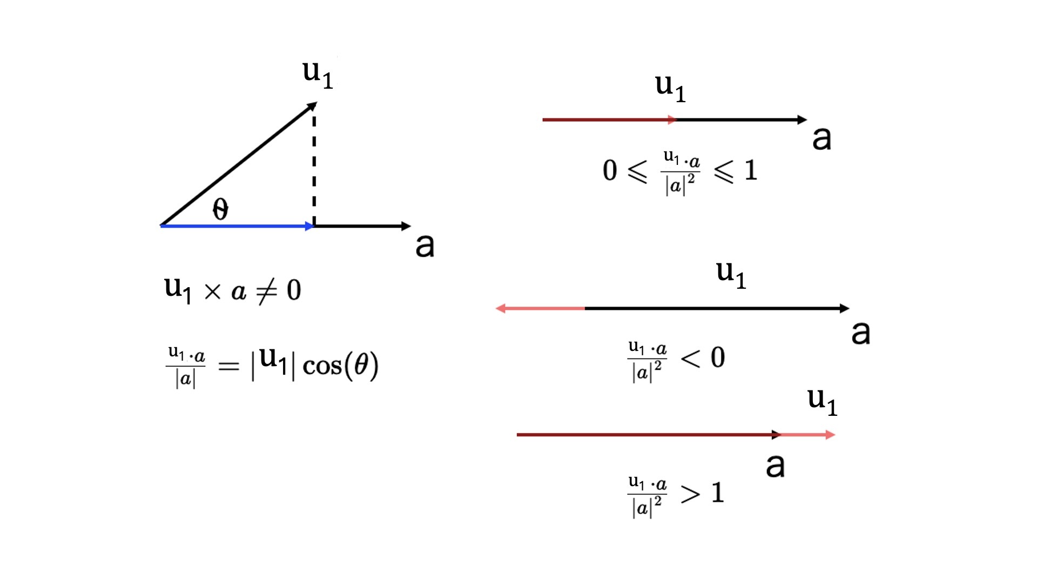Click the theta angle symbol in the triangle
coord(220,209)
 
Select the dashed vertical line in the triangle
coord(314,165)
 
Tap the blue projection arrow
coord(237,226)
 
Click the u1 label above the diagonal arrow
coord(318,74)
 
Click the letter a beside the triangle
coord(425,245)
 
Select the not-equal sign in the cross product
coord(267,291)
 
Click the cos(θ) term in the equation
coord(340,366)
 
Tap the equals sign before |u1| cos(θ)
coord(228,367)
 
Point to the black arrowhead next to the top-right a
coord(803,120)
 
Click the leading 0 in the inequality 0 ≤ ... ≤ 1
coord(610,170)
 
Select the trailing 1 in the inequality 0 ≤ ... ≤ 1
coord(751,170)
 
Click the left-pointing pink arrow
coord(540,308)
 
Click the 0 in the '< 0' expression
coord(718,357)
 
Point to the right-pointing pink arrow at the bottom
coord(808,435)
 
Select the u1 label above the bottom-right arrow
coord(822,402)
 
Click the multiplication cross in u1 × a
coord(213,292)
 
